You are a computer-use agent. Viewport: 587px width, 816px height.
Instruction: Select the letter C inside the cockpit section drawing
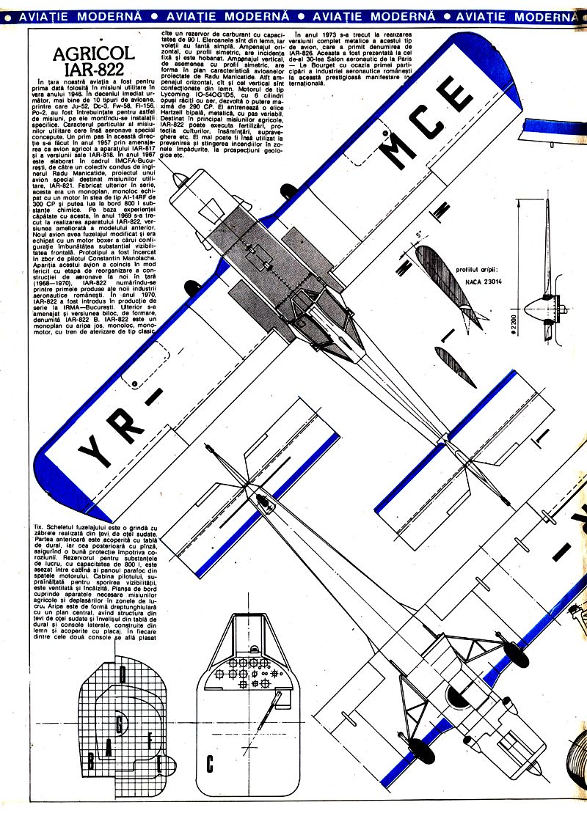click(211, 763)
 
